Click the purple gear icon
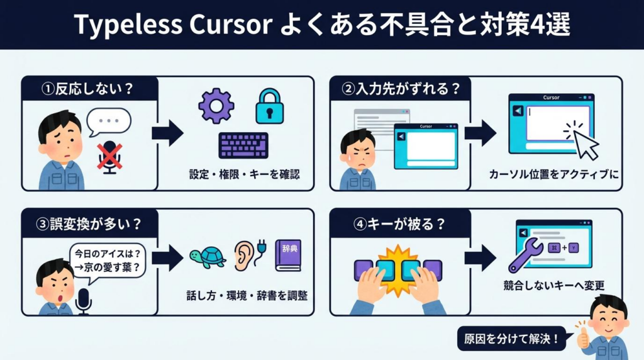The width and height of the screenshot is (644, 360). pyautogui.click(x=216, y=105)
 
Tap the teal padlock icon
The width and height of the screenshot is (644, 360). pyautogui.click(x=270, y=106)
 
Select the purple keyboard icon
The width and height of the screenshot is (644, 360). pyautogui.click(x=243, y=145)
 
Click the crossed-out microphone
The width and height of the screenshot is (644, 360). pyautogui.click(x=110, y=155)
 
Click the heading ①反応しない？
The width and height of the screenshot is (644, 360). pyautogui.click(x=87, y=89)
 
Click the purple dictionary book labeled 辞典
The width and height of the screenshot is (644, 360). pyautogui.click(x=287, y=255)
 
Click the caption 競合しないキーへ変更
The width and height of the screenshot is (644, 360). pyautogui.click(x=554, y=285)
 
